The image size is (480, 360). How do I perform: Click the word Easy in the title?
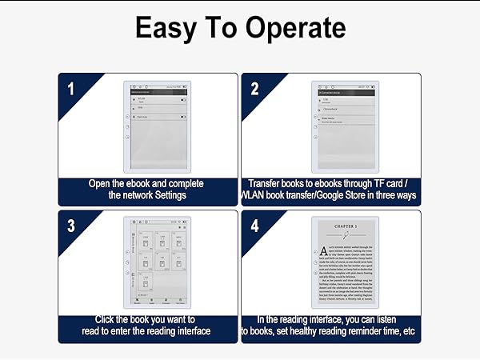tap(165, 29)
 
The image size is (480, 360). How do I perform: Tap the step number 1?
tap(70, 87)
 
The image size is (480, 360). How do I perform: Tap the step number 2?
tap(254, 87)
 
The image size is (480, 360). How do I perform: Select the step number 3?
tap(70, 225)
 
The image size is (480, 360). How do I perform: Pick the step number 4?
tap(254, 225)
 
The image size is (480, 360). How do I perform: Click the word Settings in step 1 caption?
tap(166, 195)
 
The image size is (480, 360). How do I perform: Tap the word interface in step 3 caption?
tap(186, 331)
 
